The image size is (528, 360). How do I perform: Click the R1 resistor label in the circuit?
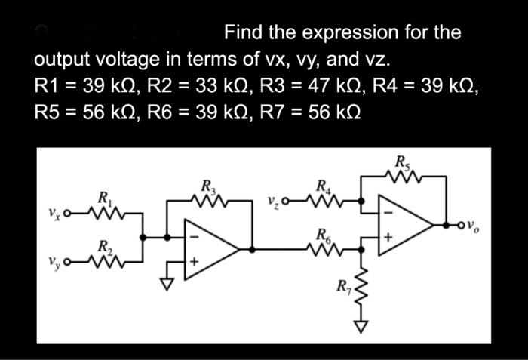pyautogui.click(x=105, y=198)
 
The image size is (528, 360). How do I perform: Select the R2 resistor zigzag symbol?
pyautogui.click(x=106, y=261)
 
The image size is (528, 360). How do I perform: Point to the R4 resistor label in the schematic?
pyautogui.click(x=323, y=186)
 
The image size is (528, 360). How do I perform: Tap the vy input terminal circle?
pyautogui.click(x=67, y=261)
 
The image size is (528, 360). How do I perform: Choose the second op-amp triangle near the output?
pyautogui.click(x=404, y=224)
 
